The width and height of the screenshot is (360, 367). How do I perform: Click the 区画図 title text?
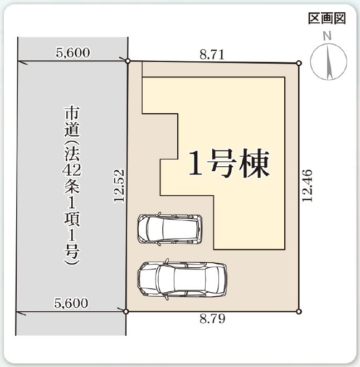point(327,18)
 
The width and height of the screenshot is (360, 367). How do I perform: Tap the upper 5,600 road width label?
point(73,54)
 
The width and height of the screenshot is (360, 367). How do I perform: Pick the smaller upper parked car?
point(169,228)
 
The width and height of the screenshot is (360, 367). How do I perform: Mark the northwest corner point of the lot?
point(128,61)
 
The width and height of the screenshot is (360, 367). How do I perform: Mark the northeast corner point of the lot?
point(299,63)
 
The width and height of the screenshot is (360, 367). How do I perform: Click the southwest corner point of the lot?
point(127,311)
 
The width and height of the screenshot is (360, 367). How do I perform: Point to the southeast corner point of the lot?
point(299,311)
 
